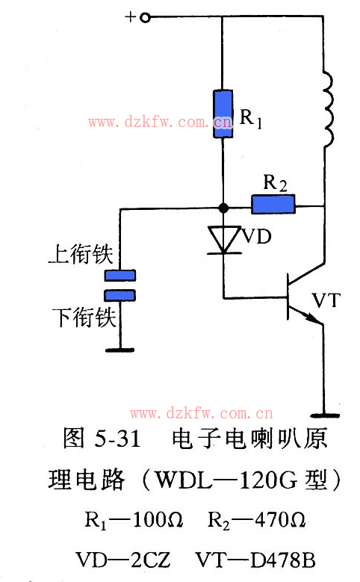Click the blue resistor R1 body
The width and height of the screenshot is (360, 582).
[223, 114]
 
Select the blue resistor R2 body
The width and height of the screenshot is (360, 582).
[273, 205]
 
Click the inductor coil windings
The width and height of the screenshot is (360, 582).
[328, 110]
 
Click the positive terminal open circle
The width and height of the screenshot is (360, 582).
[145, 17]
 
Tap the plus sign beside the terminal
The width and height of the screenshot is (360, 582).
[130, 16]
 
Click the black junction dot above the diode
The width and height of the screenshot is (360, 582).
[223, 208]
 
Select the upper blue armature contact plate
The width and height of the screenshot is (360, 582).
[120, 276]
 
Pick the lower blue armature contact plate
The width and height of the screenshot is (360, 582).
[120, 295]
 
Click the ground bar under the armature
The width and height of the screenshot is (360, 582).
[120, 350]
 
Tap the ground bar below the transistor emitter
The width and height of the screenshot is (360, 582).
[325, 415]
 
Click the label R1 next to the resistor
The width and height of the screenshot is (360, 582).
[251, 118]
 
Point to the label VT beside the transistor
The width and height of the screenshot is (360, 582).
[326, 300]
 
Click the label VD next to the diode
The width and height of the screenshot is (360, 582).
[257, 236]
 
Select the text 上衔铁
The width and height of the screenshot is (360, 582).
[81, 254]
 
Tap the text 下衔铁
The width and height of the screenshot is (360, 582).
[84, 318]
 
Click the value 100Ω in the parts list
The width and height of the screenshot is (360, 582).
[158, 520]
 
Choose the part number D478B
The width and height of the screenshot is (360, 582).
[282, 560]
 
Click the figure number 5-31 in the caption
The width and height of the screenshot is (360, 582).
[118, 438]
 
